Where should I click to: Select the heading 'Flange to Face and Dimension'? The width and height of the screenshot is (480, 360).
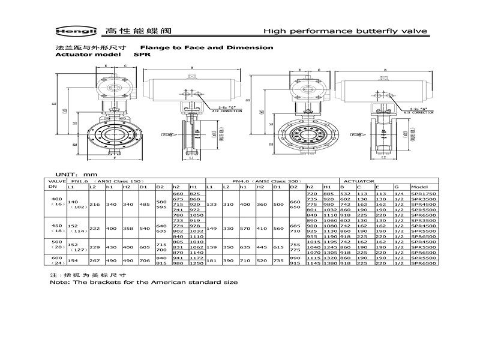point(206,47)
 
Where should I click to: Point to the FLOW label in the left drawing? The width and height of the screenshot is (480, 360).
point(167,136)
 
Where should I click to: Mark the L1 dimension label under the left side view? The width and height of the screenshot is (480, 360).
point(190,159)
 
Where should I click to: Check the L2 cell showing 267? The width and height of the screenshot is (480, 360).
point(93,260)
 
